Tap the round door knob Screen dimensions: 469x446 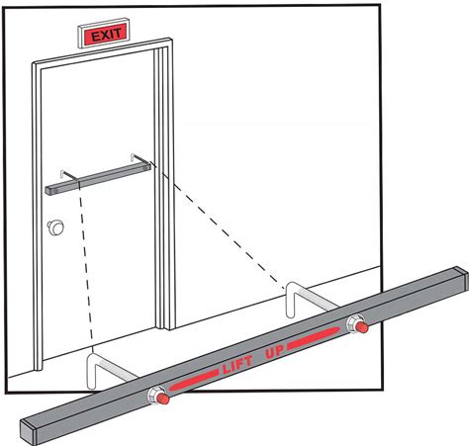pos(55,227)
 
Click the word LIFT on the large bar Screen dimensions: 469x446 pos(237,365)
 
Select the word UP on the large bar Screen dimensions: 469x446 pos(275,350)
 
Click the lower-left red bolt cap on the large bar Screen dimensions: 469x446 pos(162,399)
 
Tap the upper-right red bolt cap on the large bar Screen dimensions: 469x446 pos(362,326)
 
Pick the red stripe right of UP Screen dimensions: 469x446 pos(313,337)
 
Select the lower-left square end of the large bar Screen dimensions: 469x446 pos(29,432)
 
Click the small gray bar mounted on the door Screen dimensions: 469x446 pos(98,179)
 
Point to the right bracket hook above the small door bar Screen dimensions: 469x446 pos(139,158)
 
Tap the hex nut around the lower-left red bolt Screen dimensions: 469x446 pos(155,395)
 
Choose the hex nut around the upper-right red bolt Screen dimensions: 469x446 pos(354,323)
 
